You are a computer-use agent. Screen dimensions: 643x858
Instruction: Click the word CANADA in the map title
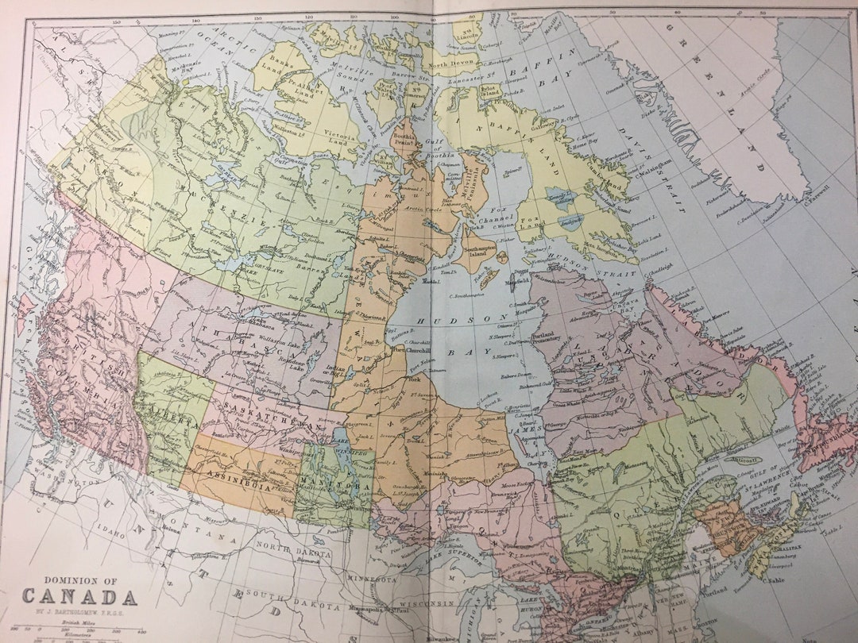pos(79,596)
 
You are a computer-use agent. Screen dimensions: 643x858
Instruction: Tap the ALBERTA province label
pos(170,413)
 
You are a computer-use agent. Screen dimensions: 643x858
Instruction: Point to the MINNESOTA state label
pos(369,580)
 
